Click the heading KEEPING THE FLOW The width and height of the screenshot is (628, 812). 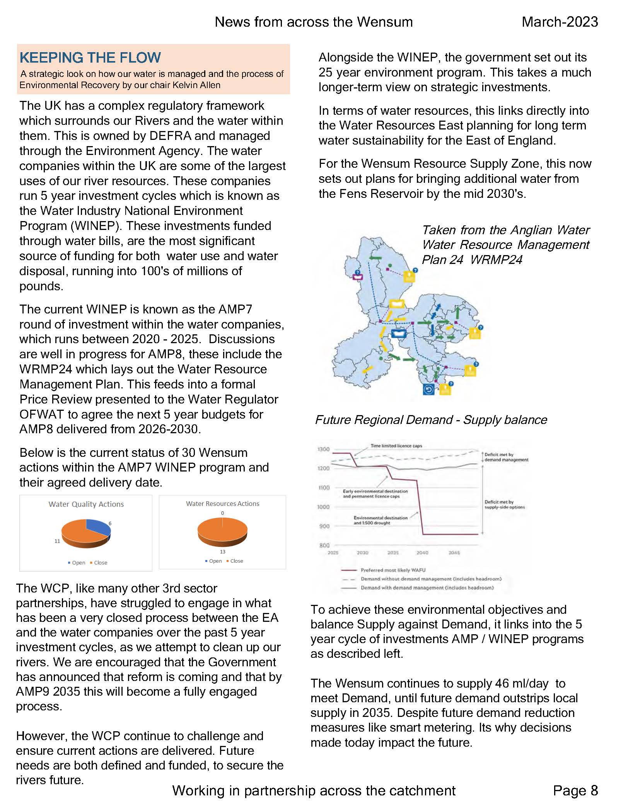tap(90, 58)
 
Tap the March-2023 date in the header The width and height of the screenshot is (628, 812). tap(559, 22)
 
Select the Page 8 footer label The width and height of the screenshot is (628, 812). tap(575, 790)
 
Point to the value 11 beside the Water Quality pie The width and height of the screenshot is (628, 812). tap(57, 541)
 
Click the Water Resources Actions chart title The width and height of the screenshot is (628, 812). tap(222, 504)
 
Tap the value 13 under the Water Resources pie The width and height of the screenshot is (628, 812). tap(222, 552)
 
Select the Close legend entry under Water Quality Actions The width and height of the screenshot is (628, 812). tap(100, 563)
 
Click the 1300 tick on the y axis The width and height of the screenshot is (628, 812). tap(323, 449)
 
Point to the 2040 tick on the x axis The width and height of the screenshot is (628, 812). tap(422, 553)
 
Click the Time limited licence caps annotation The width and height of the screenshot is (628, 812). tap(396, 446)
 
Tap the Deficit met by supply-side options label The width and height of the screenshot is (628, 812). tap(504, 504)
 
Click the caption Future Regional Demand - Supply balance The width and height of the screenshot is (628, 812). tap(431, 420)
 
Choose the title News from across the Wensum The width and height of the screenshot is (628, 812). tap(314, 22)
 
